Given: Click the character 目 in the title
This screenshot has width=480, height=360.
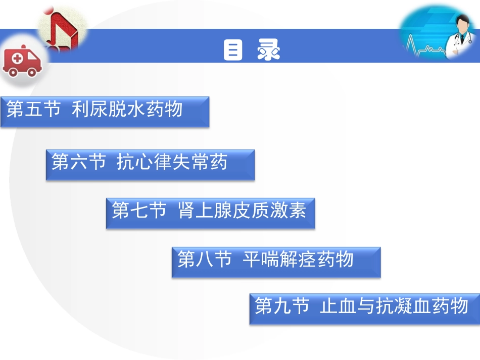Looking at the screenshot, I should pyautogui.click(x=233, y=50).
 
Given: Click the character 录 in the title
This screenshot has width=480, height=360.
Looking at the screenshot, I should pyautogui.click(x=268, y=50).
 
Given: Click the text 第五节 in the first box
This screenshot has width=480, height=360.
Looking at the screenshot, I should pyautogui.click(x=33, y=109).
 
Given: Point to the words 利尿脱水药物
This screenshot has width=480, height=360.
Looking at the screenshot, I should pyautogui.click(x=127, y=109).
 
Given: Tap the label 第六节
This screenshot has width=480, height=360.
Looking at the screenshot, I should pyautogui.click(x=79, y=163).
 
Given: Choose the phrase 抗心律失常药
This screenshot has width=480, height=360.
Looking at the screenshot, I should pyautogui.click(x=172, y=163).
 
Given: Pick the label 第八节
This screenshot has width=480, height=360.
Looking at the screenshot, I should pyautogui.click(x=205, y=260).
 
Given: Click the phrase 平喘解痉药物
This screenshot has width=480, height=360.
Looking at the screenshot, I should pyautogui.click(x=298, y=260).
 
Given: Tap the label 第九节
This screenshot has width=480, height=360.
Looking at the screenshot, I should pyautogui.click(x=282, y=306).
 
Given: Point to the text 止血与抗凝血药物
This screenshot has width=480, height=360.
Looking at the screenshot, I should pyautogui.click(x=394, y=306).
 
